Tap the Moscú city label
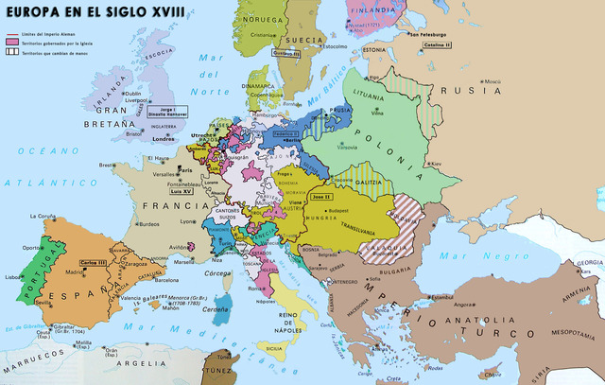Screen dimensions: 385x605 coord(491,83)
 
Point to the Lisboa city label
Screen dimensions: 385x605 coord(13,277)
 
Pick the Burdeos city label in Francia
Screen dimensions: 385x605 coord(147,224)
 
